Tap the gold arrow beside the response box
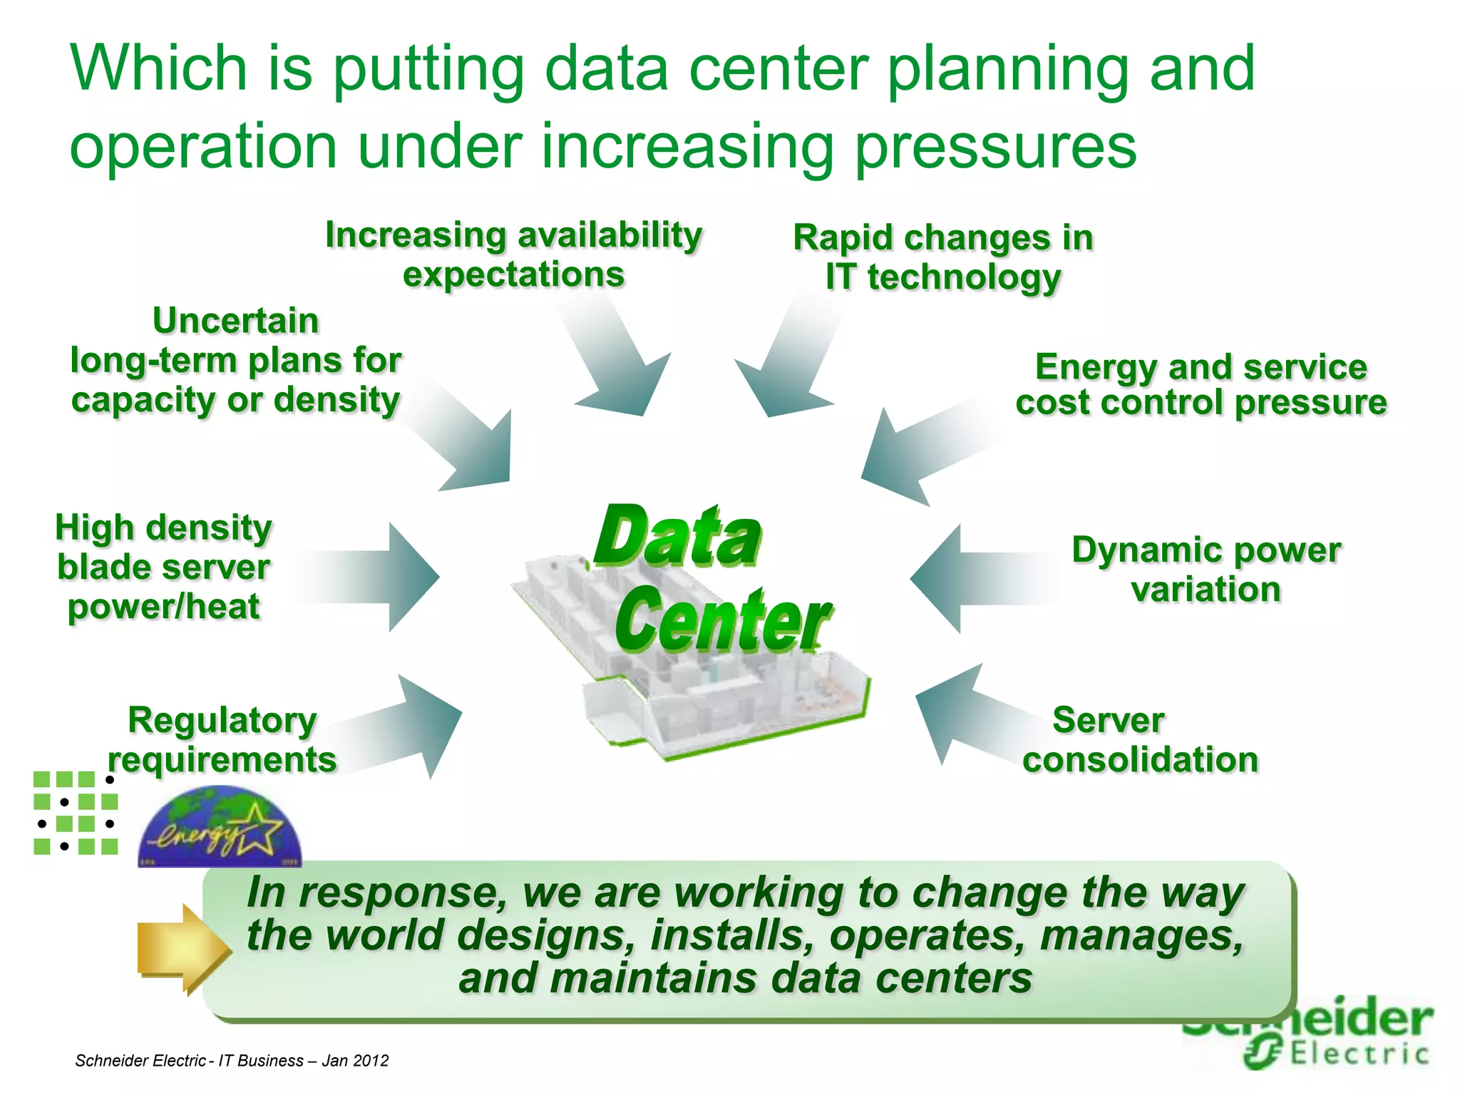182,949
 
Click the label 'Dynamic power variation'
1206,570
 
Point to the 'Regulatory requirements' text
222,740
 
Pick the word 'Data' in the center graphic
678,536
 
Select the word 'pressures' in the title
995,146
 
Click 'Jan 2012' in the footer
355,1061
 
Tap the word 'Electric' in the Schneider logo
1359,1054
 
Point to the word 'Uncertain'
235,321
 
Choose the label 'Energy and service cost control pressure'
1201,385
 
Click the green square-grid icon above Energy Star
76,813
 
